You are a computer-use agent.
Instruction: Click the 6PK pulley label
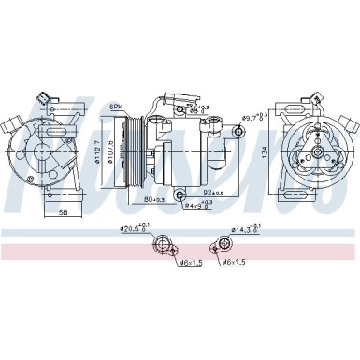117,106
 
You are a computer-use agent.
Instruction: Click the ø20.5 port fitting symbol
166,246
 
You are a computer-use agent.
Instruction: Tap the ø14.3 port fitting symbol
225,245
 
